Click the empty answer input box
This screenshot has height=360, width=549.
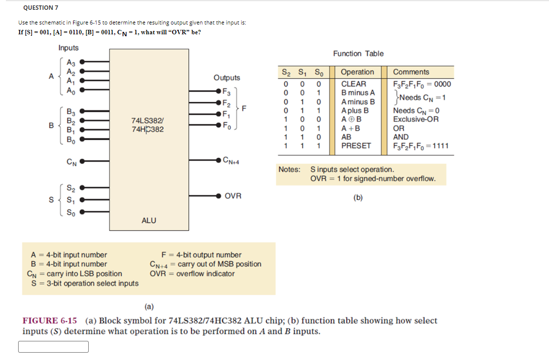53,347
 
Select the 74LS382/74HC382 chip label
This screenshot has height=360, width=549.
148,124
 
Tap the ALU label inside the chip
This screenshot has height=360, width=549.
149,220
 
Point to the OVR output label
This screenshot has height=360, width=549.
233,196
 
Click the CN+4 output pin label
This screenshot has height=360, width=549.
232,160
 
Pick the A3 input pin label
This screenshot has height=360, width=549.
71,62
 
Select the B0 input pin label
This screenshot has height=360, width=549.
71,139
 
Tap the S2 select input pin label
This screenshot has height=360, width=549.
71,187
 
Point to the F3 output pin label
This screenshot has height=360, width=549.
226,91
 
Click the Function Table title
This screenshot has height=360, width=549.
358,53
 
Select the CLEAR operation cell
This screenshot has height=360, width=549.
353,84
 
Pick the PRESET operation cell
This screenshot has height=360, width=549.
356,145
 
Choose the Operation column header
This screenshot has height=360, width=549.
357,72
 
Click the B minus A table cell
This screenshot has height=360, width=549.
358,93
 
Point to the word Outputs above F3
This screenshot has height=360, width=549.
226,78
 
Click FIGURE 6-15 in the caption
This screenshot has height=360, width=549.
50,321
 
